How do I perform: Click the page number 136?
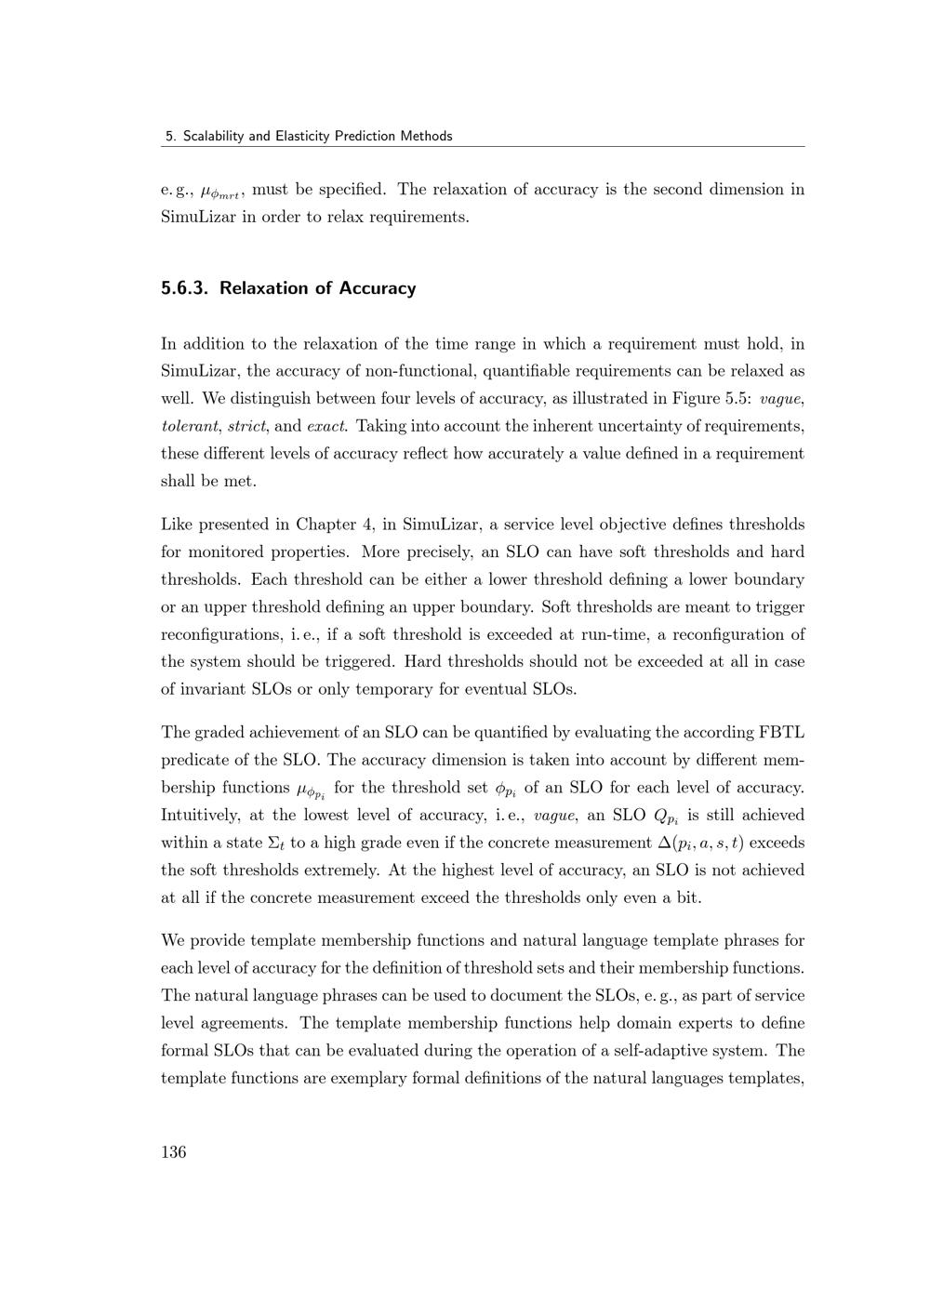pos(173,1152)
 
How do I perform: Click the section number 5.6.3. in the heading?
pos(185,288)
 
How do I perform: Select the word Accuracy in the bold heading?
pos(378,288)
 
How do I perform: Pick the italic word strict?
pos(246,427)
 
